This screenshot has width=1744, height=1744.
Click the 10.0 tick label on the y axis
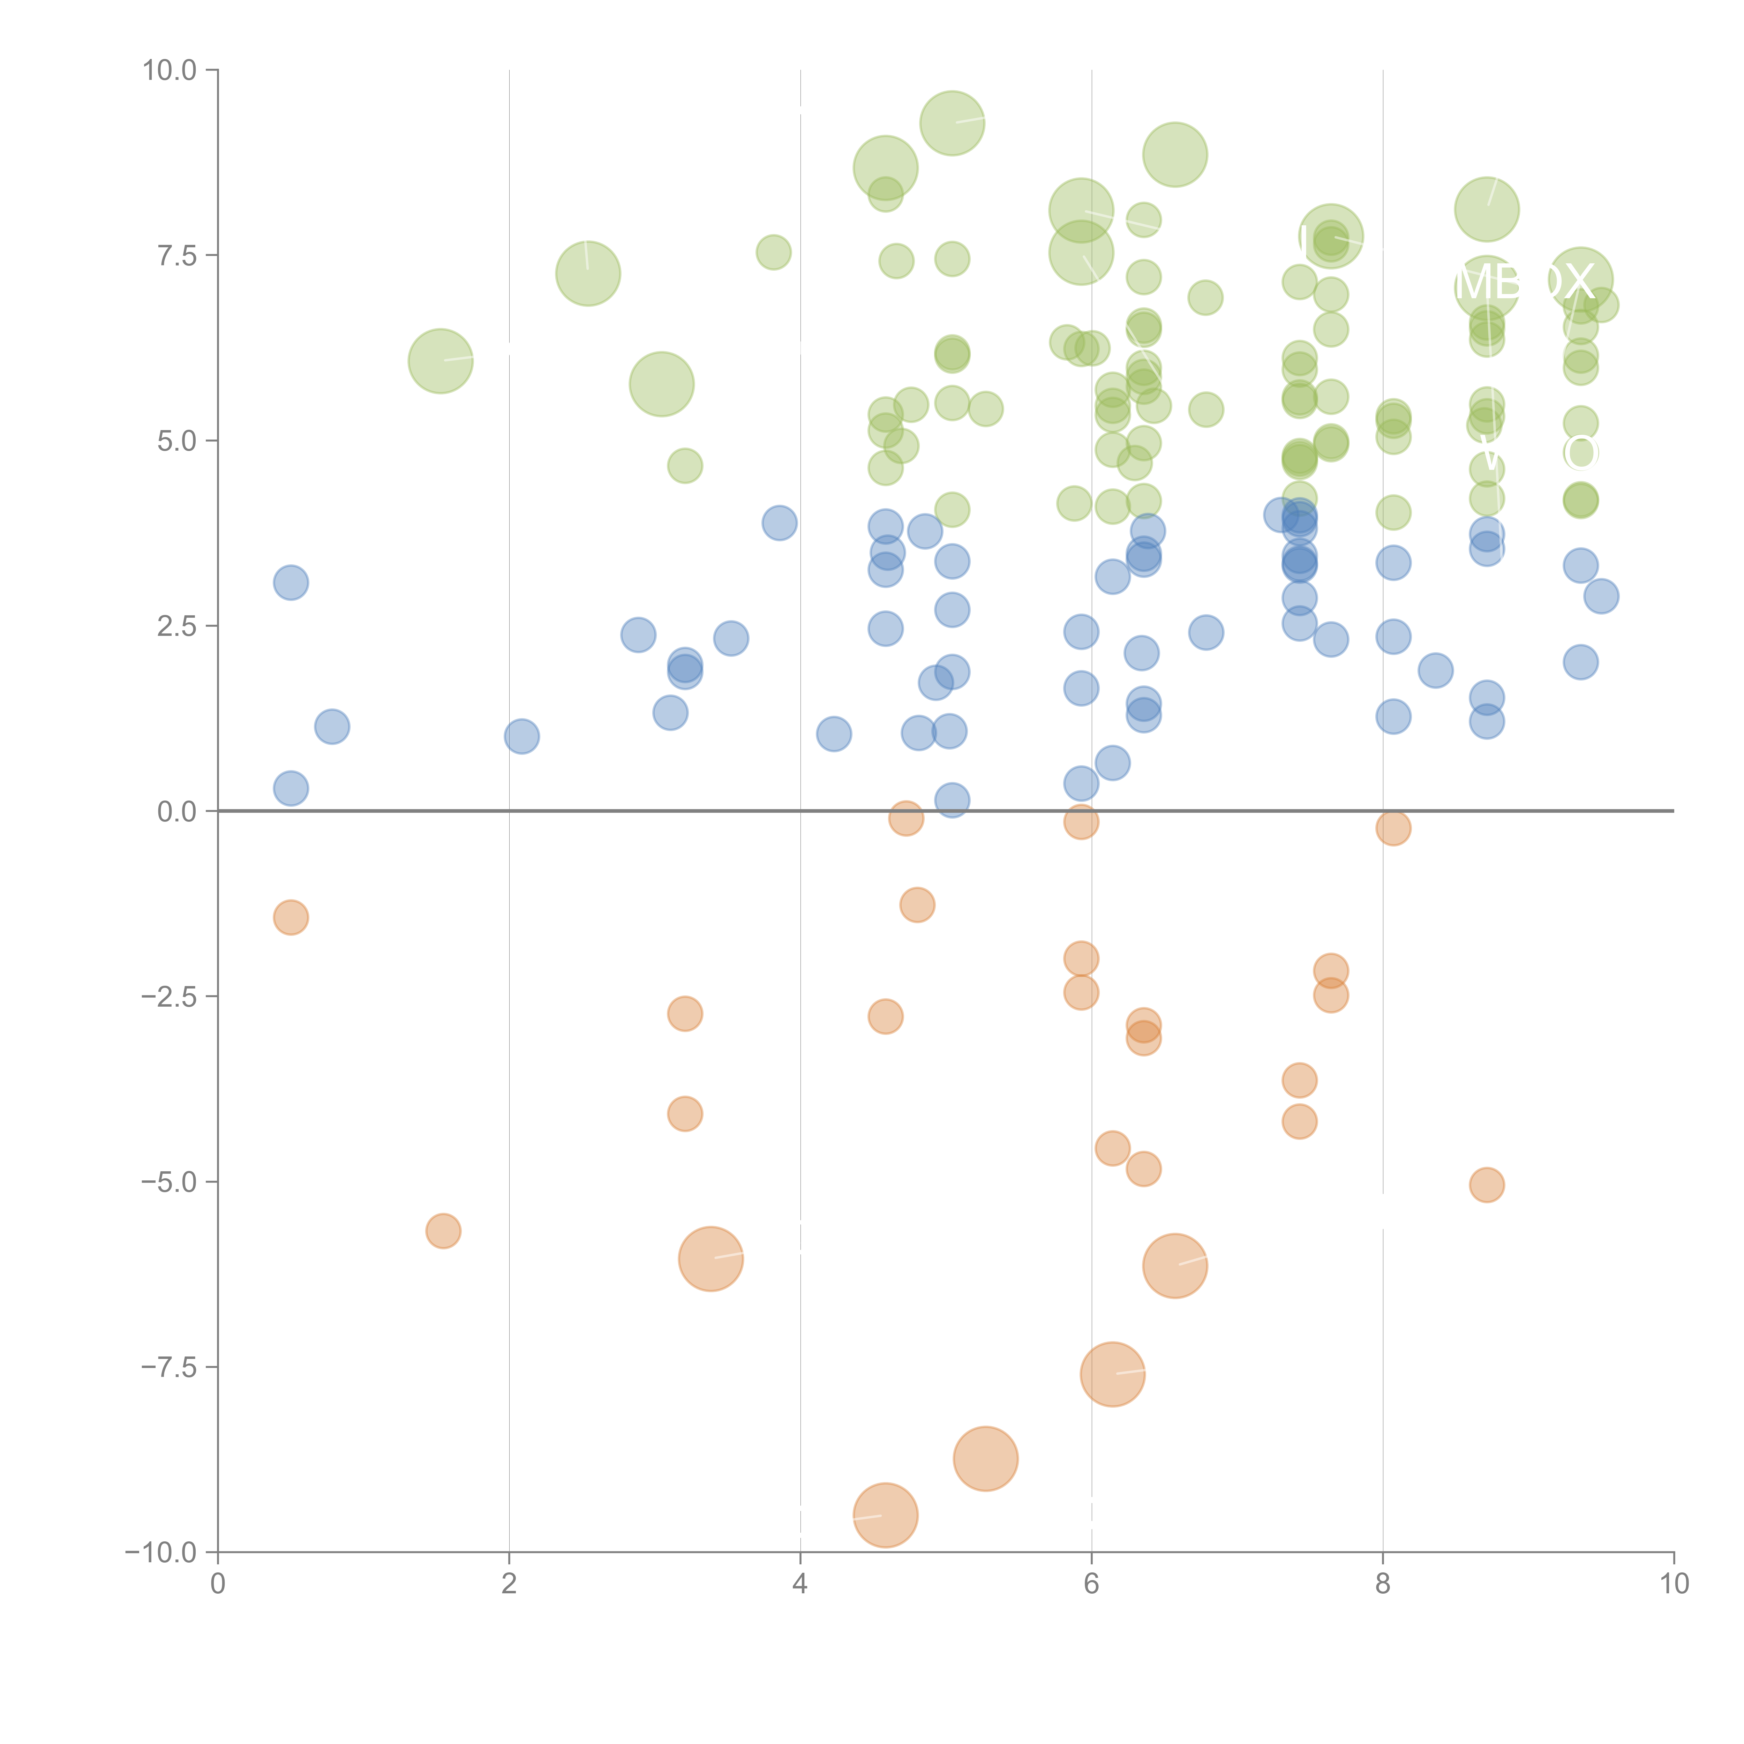(x=170, y=70)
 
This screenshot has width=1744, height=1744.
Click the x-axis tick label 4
(x=800, y=1584)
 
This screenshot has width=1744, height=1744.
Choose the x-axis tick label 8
(x=1383, y=1584)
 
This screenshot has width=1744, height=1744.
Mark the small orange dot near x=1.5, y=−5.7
(x=443, y=1230)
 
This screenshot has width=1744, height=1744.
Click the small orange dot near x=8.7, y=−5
(x=1487, y=1184)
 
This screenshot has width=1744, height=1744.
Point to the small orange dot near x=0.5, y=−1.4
(x=291, y=917)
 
